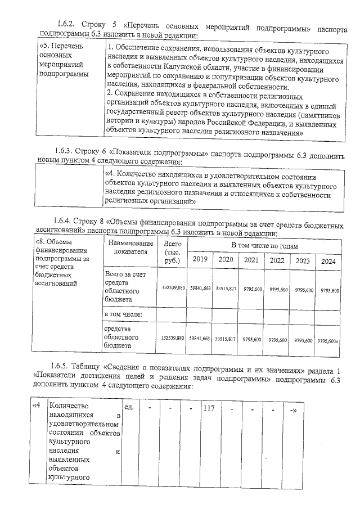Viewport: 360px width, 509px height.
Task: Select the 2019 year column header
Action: click(200, 259)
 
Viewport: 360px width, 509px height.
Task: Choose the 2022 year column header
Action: click(277, 260)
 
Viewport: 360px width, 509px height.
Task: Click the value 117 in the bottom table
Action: click(210, 408)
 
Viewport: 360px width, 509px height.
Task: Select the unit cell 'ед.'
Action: click(128, 406)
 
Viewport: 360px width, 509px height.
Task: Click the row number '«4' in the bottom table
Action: click(37, 404)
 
